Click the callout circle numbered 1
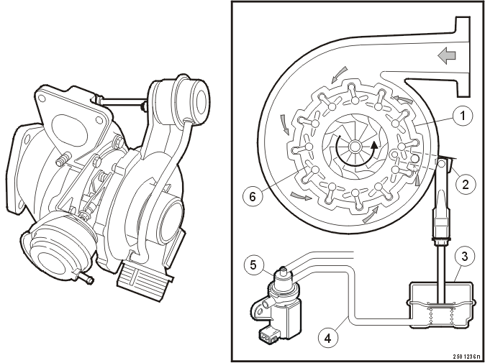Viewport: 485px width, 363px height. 463,116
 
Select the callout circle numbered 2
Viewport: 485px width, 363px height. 466,184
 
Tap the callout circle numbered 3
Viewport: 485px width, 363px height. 465,256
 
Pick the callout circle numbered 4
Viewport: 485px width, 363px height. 328,339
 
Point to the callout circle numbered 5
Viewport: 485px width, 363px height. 253,265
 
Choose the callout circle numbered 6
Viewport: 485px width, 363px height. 253,197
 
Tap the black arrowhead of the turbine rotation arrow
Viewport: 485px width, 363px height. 375,145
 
